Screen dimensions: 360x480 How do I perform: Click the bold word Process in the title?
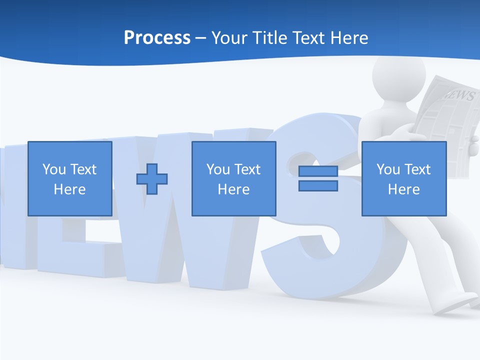(157, 37)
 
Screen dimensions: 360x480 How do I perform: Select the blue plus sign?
(152, 178)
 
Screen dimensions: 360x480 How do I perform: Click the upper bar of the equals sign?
(318, 171)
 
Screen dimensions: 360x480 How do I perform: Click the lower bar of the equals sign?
(318, 185)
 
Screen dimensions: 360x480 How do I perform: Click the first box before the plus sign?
(69, 178)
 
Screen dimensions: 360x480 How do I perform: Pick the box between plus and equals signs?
(233, 178)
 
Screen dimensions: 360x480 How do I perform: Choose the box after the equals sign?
(403, 178)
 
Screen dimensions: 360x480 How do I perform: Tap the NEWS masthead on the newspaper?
(458, 95)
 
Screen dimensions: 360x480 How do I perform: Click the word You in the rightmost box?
(388, 169)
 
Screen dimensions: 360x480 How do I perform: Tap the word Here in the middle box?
(233, 189)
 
